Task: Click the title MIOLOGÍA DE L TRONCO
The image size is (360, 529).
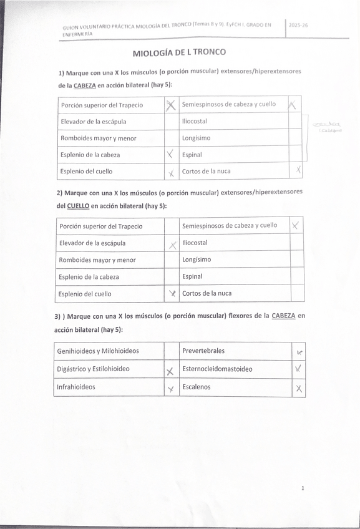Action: coord(179,52)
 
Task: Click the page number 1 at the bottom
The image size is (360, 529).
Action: coord(303,488)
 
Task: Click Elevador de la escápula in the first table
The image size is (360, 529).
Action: coord(94,122)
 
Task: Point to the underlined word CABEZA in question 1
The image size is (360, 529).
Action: coord(85,85)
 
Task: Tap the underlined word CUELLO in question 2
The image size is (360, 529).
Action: coord(79,206)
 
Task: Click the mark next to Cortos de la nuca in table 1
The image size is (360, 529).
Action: coord(298,170)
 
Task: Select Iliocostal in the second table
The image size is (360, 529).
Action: coord(195,243)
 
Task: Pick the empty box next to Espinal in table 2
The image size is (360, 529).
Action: coord(297,276)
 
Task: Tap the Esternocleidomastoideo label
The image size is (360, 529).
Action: coord(217,369)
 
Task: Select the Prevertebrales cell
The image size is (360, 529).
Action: coord(203,351)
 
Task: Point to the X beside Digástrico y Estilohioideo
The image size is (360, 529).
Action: coord(169,372)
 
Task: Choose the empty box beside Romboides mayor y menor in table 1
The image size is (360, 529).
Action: coord(170,138)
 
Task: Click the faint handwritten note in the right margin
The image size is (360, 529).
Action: coord(327,128)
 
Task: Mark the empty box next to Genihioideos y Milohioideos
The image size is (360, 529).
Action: coord(171,351)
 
